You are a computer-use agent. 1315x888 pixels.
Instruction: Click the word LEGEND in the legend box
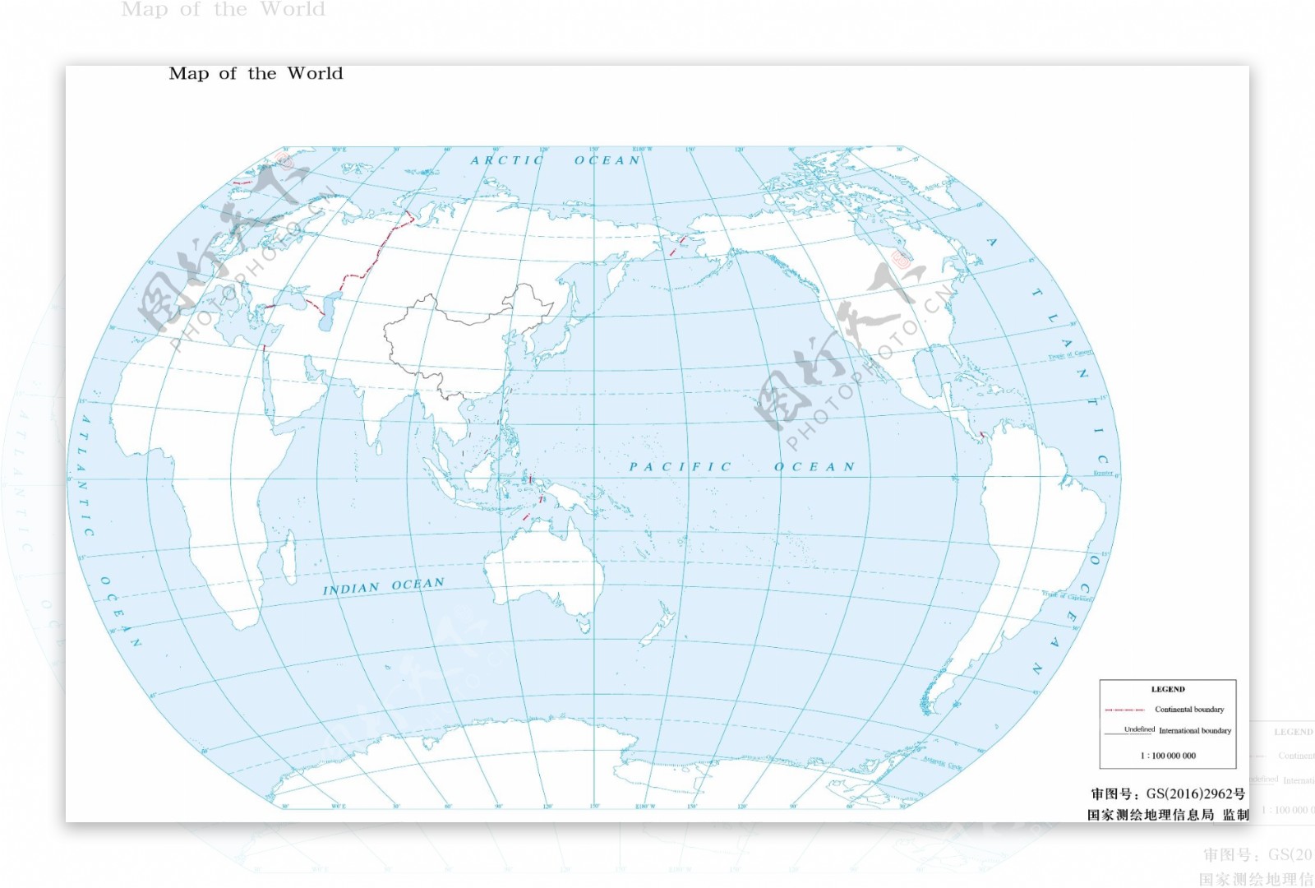pos(1168,689)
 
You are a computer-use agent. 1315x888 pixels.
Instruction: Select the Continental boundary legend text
pos(1189,710)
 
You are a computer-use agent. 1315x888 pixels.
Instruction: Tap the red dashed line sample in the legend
pos(1125,710)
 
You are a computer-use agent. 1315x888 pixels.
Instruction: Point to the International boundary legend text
pos(1195,731)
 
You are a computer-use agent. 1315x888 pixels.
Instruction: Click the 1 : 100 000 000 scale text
pos(1168,756)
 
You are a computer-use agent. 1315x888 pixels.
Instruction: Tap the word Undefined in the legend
pos(1139,729)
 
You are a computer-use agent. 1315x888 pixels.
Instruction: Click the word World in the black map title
pos(315,74)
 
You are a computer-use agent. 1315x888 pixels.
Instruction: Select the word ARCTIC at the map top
pos(507,160)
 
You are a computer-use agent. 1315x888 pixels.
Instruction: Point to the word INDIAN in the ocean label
pos(351,590)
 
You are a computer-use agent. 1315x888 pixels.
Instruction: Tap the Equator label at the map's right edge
pos(1103,474)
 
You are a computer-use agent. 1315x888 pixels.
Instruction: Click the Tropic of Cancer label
pos(1070,355)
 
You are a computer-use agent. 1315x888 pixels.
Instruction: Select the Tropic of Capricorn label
pos(1067,595)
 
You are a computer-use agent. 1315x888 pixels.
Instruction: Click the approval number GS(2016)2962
pos(1195,794)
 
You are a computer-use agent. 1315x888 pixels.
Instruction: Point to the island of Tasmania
pos(584,626)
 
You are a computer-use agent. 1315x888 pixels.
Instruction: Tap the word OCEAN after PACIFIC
pos(814,467)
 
